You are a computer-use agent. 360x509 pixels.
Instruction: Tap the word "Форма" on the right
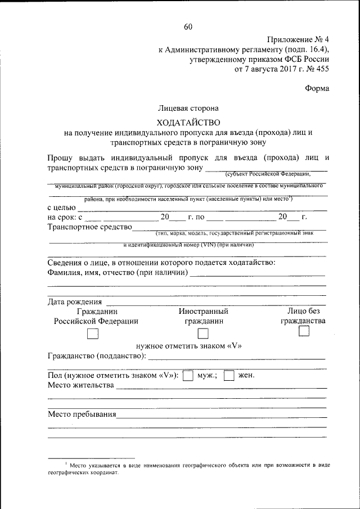(x=317, y=88)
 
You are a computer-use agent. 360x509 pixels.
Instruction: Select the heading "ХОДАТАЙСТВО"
(x=188, y=122)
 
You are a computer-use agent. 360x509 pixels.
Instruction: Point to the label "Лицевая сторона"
(x=188, y=107)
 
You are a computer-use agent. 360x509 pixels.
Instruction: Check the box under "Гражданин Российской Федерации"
(x=93, y=334)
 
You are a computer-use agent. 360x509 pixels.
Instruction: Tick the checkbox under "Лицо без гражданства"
(x=304, y=332)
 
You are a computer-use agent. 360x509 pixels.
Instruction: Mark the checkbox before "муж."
(x=190, y=375)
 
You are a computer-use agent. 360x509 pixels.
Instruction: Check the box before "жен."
(x=229, y=375)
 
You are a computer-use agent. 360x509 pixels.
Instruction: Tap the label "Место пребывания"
(x=82, y=415)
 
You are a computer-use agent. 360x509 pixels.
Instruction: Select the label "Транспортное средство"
(x=89, y=227)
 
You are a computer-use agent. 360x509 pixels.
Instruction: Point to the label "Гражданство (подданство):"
(x=97, y=356)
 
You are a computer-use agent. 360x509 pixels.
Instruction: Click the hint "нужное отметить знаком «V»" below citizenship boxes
(x=188, y=345)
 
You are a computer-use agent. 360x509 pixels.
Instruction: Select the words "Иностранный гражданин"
(x=203, y=316)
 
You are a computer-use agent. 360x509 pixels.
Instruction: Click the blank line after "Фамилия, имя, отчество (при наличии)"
(x=258, y=276)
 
